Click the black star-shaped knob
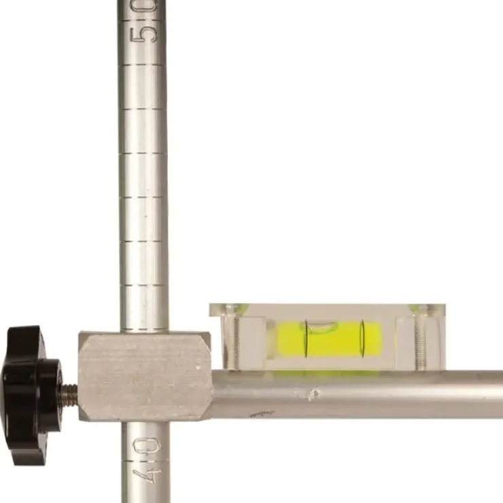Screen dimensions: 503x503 (31, 395)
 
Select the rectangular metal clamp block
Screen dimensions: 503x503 (145, 376)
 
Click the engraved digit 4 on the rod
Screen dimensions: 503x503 (147, 476)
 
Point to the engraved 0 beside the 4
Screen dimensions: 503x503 (147, 445)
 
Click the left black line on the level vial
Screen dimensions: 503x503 (307, 339)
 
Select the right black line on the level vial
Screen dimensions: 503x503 (363, 339)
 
